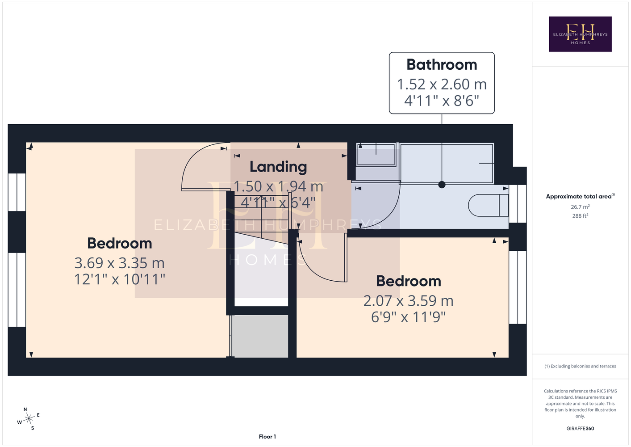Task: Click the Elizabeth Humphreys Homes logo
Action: pyautogui.click(x=580, y=34)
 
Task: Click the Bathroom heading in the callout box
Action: pyautogui.click(x=442, y=64)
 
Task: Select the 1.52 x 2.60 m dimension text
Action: pyautogui.click(x=442, y=84)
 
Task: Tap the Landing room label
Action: pyautogui.click(x=278, y=167)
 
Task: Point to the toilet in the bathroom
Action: pyautogui.click(x=488, y=205)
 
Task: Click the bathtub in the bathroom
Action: pyautogui.click(x=447, y=164)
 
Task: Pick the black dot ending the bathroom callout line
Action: pyautogui.click(x=442, y=185)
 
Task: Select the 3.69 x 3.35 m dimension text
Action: pyautogui.click(x=119, y=263)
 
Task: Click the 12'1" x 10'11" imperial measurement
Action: pyautogui.click(x=119, y=279)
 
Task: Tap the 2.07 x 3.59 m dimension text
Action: pyautogui.click(x=409, y=301)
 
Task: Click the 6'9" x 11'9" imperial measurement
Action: pyautogui.click(x=409, y=317)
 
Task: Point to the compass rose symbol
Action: pyautogui.click(x=29, y=419)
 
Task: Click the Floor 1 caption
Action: pyautogui.click(x=267, y=437)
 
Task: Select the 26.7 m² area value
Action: pyautogui.click(x=580, y=207)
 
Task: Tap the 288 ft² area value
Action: pyautogui.click(x=580, y=216)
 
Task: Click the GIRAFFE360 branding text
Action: pyautogui.click(x=580, y=428)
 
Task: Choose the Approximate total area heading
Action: pyautogui.click(x=580, y=196)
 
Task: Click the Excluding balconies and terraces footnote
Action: pyautogui.click(x=580, y=366)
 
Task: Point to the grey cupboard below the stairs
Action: pyautogui.click(x=260, y=336)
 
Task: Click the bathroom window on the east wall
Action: pyautogui.click(x=518, y=204)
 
